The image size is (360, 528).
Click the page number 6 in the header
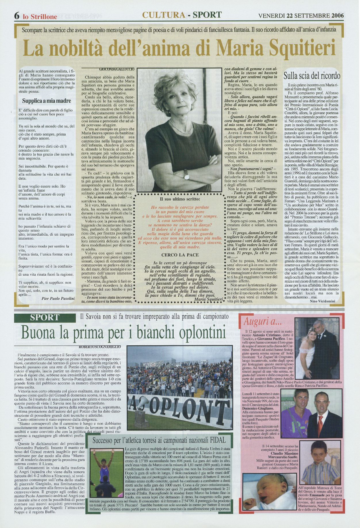tap(17, 16)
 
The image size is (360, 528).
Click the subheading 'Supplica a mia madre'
tap(47, 101)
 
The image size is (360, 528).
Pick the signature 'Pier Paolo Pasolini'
tap(58, 299)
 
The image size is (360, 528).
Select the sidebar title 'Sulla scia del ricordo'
tap(312, 76)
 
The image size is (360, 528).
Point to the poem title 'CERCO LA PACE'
tap(180, 255)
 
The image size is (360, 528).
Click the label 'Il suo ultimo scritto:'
tap(180, 199)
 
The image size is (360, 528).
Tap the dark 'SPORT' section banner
tap(45, 318)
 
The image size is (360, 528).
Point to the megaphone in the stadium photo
tap(142, 406)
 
